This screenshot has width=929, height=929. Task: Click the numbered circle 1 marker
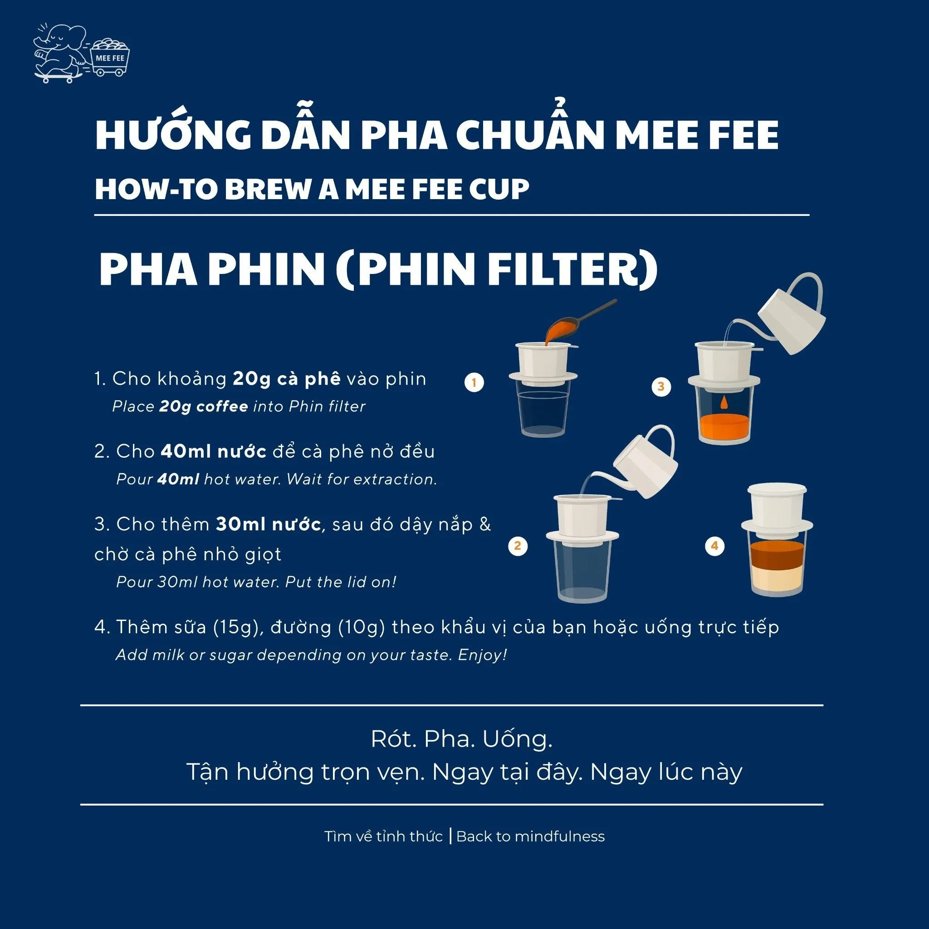(474, 383)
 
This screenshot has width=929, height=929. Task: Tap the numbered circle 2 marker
(518, 546)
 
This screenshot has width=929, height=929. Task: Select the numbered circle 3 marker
(661, 386)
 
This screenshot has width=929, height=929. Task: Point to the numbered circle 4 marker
(714, 546)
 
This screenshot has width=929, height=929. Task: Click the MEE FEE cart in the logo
(110, 57)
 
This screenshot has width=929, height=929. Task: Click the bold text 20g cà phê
(287, 379)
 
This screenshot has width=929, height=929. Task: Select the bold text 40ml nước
(214, 451)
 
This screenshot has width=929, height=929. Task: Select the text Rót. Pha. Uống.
(462, 738)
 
